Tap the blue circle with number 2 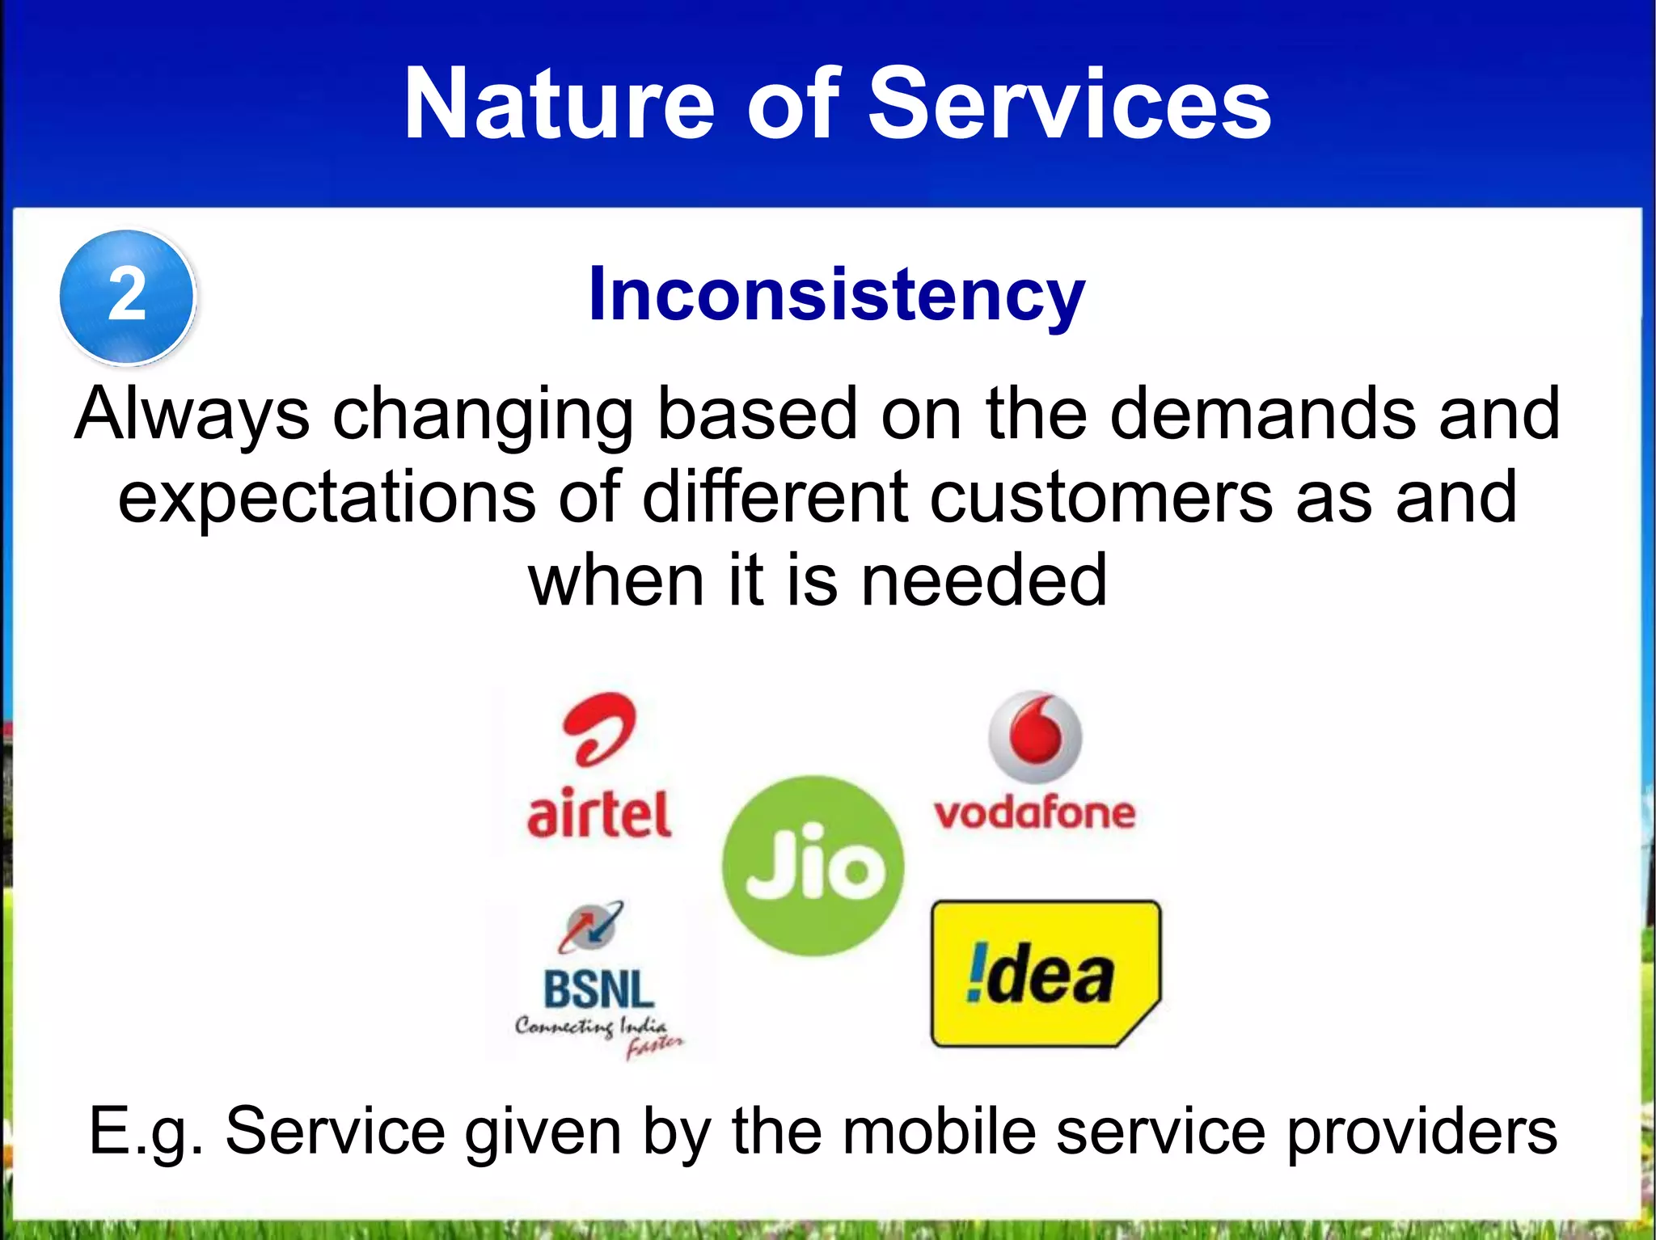click(x=127, y=296)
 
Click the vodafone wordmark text click(x=1035, y=813)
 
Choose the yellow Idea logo click(x=1045, y=974)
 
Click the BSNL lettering click(x=598, y=990)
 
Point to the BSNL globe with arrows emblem click(x=591, y=926)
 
